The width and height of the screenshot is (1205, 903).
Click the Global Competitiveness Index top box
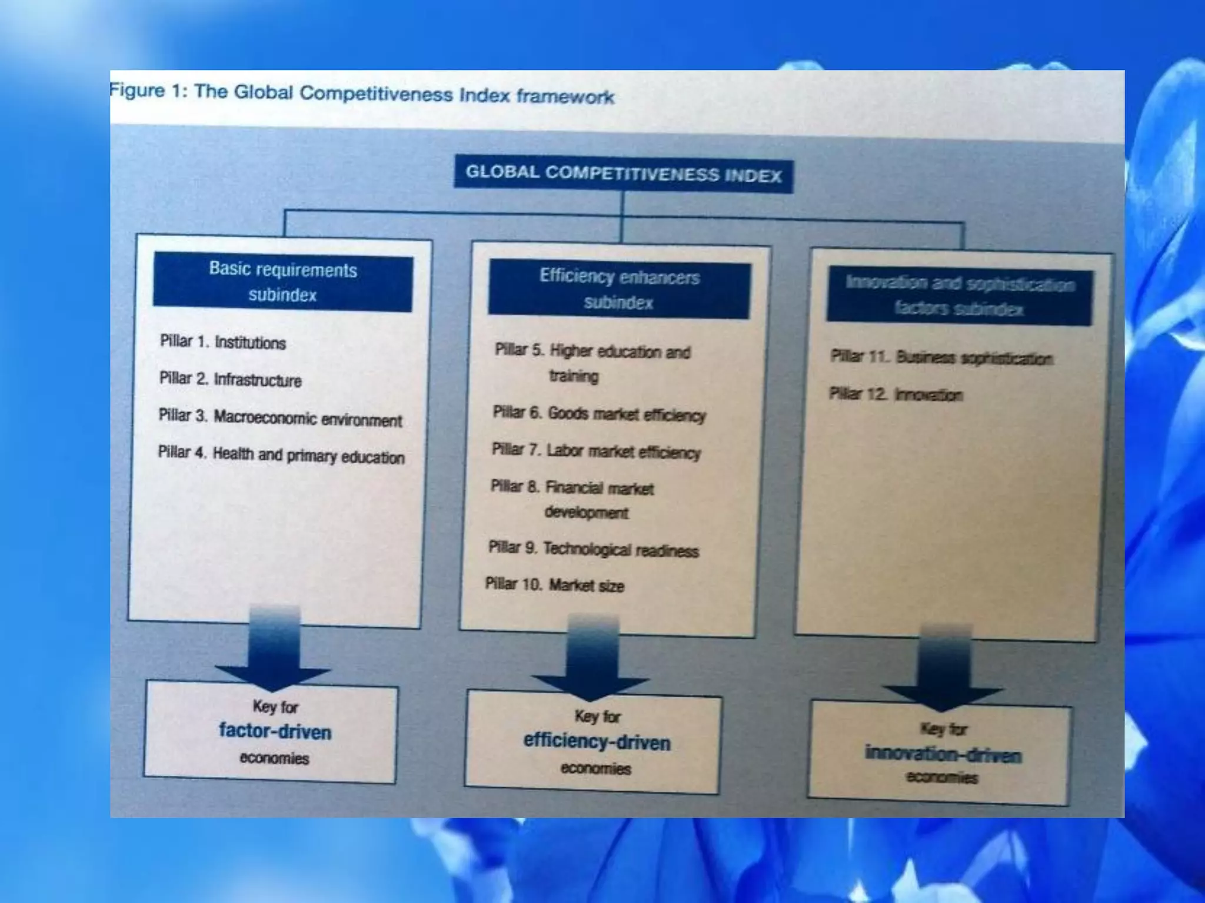pos(624,175)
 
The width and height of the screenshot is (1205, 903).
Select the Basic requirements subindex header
pos(283,282)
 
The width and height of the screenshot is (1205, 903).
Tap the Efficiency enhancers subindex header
pos(619,289)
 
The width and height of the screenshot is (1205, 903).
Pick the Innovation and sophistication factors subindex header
pos(960,296)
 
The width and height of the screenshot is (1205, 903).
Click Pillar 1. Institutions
pos(223,342)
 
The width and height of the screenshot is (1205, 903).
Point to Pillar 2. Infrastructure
pos(230,379)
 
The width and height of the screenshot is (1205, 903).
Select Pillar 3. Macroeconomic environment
pos(280,417)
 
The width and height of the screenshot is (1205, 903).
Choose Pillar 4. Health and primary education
pos(281,455)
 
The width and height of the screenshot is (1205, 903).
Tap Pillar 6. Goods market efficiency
pos(599,414)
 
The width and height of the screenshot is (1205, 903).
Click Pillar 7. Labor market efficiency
pos(596,451)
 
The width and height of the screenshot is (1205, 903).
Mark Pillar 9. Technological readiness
pos(593,549)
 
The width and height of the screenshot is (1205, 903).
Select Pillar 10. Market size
pos(554,585)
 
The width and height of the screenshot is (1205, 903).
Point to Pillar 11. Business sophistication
pos(941,357)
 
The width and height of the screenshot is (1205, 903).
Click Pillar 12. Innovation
pos(896,394)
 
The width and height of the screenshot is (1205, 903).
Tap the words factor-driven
pos(275,731)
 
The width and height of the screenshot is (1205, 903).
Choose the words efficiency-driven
pos(597,741)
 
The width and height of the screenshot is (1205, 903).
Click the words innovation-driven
pos(943,754)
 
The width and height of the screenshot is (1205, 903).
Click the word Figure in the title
pos(137,91)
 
